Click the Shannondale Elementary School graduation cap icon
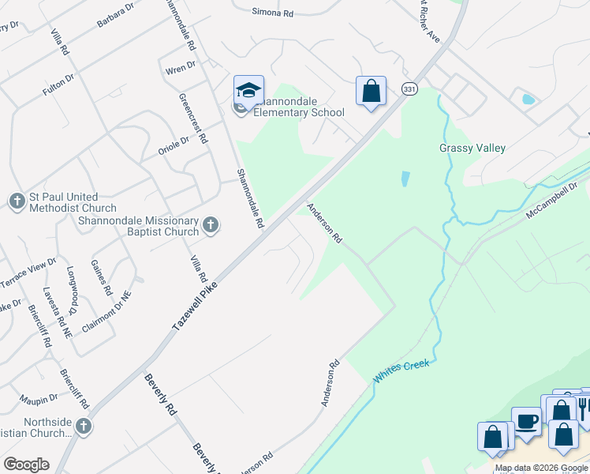pos(248,91)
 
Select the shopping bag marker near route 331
pos(371,91)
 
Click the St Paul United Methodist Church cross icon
pos(18,201)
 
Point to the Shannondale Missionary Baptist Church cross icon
pos(210,226)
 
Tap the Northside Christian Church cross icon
pos(84,427)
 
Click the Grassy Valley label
pos(472,148)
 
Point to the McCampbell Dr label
pos(553,203)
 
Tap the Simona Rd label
pos(272,13)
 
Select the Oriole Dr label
pos(174,144)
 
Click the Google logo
pos(26,465)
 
